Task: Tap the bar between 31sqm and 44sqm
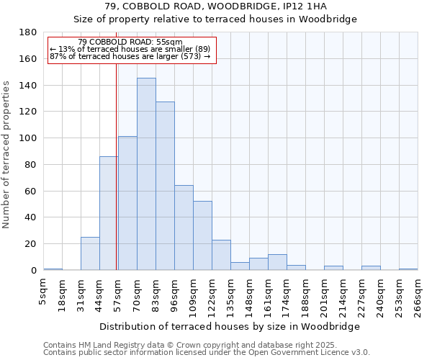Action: point(90,253)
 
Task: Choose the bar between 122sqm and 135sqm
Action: point(221,255)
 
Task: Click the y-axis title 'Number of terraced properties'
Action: point(6,155)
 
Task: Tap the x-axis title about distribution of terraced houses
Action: point(230,326)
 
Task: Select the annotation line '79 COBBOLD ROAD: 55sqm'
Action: point(130,42)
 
